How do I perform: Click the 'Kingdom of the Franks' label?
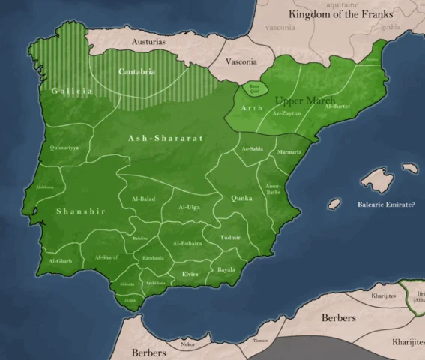point(341,14)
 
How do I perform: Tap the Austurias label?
point(148,43)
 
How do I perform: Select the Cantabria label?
point(137,72)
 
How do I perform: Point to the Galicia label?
point(72,91)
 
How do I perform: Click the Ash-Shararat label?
point(156,138)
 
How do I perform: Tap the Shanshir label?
point(81,211)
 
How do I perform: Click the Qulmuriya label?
point(64,148)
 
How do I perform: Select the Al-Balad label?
point(142,199)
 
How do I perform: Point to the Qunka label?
point(241,199)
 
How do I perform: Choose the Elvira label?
point(190,274)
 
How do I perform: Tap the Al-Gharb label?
point(60,261)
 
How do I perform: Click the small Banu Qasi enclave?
point(254,89)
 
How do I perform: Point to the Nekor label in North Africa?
point(187,344)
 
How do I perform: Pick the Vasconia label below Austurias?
point(241,61)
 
